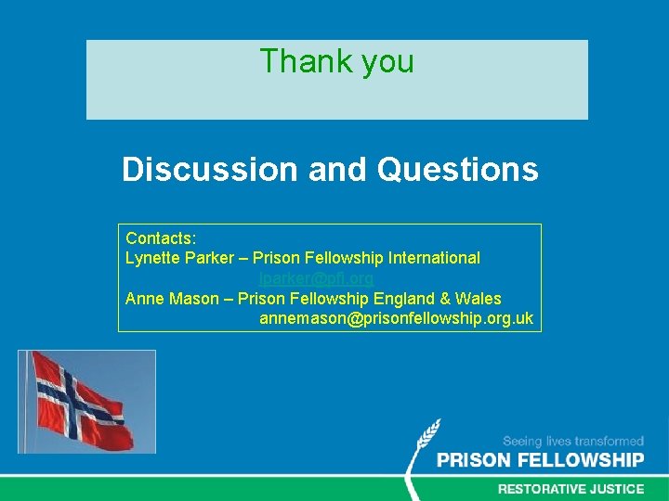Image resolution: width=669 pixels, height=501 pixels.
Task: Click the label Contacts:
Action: click(x=161, y=238)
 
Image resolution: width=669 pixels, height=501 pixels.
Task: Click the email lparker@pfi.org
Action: click(x=317, y=277)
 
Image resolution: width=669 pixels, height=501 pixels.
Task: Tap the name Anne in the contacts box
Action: click(x=144, y=299)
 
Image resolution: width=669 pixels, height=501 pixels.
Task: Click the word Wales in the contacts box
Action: click(x=478, y=299)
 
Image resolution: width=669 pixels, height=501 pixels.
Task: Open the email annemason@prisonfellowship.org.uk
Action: click(x=396, y=319)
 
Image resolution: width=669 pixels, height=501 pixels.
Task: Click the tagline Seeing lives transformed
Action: click(x=572, y=442)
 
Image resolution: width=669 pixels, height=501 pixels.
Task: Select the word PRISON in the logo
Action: click(x=475, y=460)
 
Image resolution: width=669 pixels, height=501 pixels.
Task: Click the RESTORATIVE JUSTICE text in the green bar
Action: click(x=571, y=488)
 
